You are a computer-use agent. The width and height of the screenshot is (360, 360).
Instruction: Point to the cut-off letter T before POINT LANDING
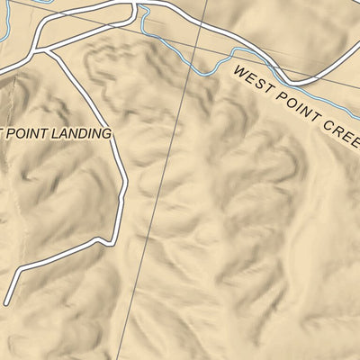(4, 133)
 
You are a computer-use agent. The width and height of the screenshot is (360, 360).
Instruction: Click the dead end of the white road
(5, 303)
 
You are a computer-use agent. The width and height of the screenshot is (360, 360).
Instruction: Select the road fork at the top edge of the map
(136, 4)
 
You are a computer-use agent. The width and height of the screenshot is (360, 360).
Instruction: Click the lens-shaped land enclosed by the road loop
(90, 27)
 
